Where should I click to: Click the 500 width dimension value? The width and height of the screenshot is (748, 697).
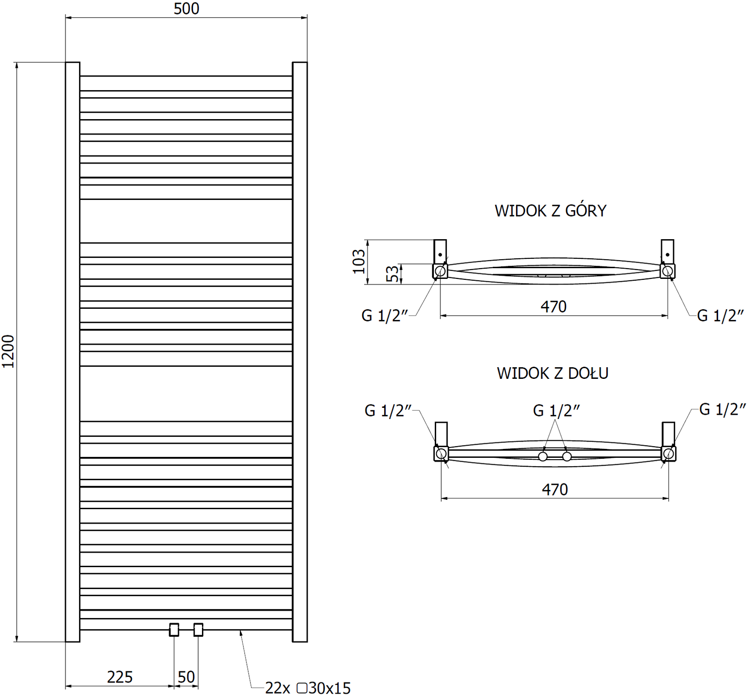coord(186,8)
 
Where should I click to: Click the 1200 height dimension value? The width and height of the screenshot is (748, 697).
coord(8,351)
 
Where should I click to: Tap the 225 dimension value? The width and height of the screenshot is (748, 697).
coord(120,677)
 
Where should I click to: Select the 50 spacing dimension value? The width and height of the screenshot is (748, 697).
coord(186,677)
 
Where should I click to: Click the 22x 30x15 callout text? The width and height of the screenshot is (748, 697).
coord(308,688)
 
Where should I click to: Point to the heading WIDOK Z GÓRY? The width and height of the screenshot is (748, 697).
coord(550,210)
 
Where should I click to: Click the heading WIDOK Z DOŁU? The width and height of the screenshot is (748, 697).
coord(553,373)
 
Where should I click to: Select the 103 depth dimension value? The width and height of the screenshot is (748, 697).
coord(359,262)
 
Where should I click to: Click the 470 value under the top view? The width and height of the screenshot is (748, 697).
coord(554,306)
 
